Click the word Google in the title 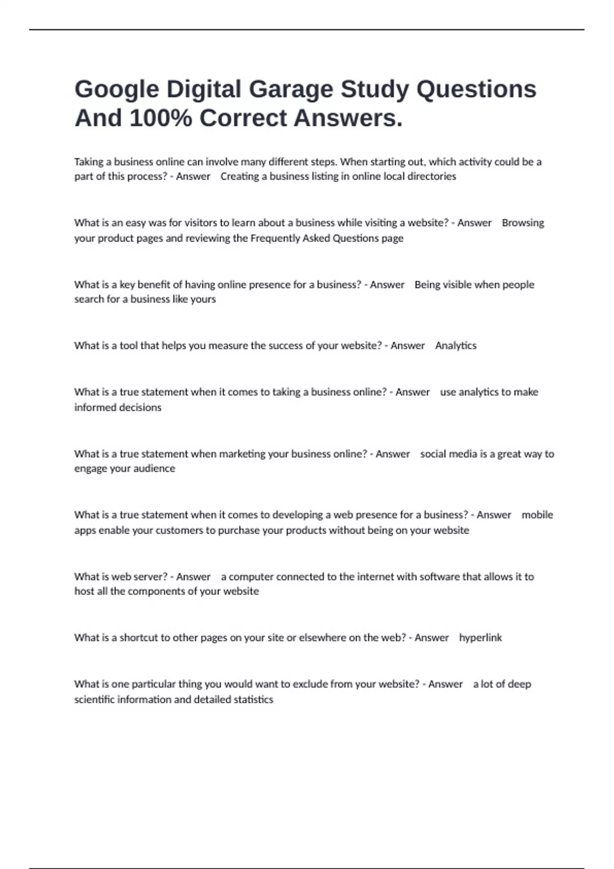pyautogui.click(x=117, y=90)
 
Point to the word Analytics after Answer pyautogui.click(x=456, y=346)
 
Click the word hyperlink pyautogui.click(x=480, y=637)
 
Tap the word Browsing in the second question pyautogui.click(x=523, y=223)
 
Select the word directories pyautogui.click(x=431, y=176)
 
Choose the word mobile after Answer pyautogui.click(x=537, y=515)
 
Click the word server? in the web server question pyautogui.click(x=151, y=577)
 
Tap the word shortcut pyautogui.click(x=139, y=637)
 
